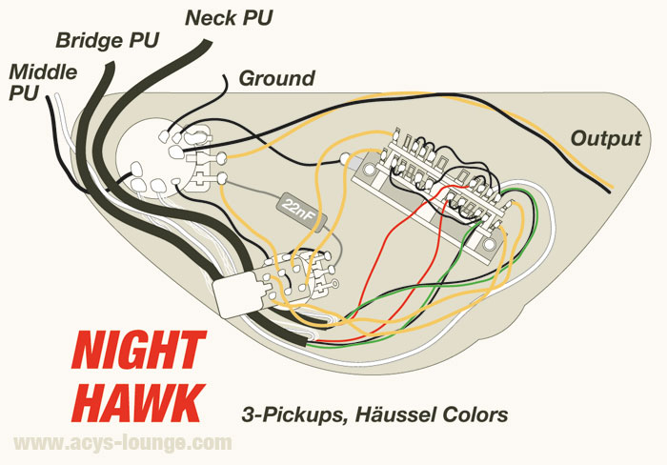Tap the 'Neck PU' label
point(229,17)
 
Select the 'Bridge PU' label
point(107,41)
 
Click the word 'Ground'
point(275,77)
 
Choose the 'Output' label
point(605,138)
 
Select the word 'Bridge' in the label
point(86,41)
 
